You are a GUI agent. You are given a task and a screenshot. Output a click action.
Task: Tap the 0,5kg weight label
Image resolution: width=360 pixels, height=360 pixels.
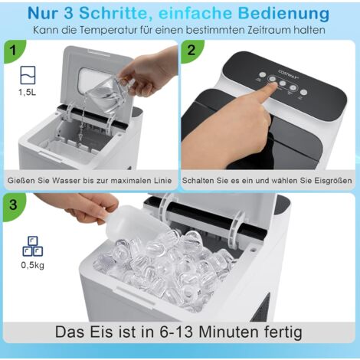click(31, 266)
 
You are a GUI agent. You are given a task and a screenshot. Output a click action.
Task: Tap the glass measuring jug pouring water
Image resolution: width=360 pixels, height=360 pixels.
click(107, 92)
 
